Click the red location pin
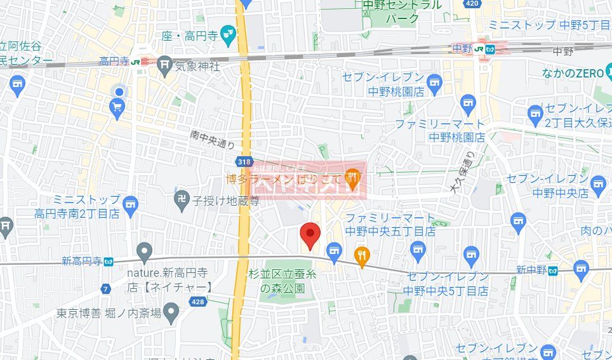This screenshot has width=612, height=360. [309, 236]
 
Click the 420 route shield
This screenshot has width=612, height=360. [471, 4]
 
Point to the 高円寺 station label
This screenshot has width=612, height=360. [114, 61]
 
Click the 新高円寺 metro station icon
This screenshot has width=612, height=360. [109, 261]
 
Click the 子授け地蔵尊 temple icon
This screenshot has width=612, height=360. [182, 200]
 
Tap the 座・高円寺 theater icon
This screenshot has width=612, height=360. [229, 37]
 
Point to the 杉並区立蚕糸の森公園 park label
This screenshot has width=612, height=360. [283, 280]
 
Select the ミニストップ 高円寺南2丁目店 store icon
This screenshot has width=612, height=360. [130, 204]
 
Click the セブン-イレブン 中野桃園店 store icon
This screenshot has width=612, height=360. [434, 81]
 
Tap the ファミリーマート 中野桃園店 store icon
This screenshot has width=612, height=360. [469, 102]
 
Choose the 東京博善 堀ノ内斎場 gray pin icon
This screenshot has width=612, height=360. [171, 311]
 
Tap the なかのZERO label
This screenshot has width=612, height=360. [572, 74]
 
